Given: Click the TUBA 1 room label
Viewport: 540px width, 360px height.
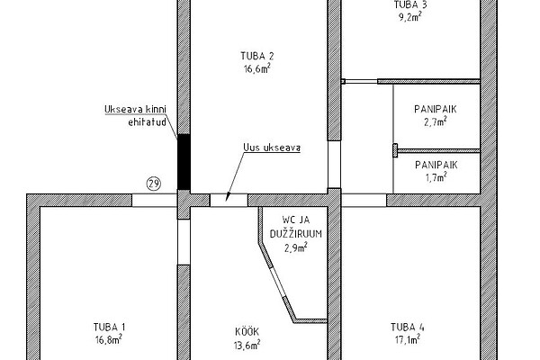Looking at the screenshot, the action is pyautogui.click(x=109, y=327).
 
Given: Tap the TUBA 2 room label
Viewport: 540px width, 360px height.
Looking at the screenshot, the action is pyautogui.click(x=257, y=56).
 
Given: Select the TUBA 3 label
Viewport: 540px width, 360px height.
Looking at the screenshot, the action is pyautogui.click(x=410, y=4).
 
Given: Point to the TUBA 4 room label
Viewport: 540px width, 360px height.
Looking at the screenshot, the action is pyautogui.click(x=408, y=327).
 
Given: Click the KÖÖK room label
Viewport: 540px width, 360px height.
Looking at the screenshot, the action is pyautogui.click(x=247, y=331).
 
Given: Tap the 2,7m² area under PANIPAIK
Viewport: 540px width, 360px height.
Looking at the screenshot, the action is pyautogui.click(x=436, y=121).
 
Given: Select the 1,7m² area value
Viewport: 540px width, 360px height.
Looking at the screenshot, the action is pyautogui.click(x=436, y=177).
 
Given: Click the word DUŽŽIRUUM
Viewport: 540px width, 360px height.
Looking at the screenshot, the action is pyautogui.click(x=296, y=234).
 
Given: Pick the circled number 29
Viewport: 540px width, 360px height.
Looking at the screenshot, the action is pyautogui.click(x=154, y=184).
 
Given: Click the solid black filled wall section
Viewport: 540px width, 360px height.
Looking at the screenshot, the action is pyautogui.click(x=184, y=162).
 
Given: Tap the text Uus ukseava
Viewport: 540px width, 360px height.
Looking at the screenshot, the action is pyautogui.click(x=272, y=148).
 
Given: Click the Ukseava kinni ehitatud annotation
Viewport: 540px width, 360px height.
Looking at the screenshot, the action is pyautogui.click(x=135, y=115).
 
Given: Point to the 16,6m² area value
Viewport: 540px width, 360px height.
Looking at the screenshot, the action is pyautogui.click(x=256, y=68).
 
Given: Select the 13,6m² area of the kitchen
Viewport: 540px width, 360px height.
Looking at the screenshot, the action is pyautogui.click(x=247, y=345).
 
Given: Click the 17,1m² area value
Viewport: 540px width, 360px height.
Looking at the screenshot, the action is pyautogui.click(x=408, y=339).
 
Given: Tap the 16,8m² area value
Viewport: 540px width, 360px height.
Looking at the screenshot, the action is pyautogui.click(x=109, y=339).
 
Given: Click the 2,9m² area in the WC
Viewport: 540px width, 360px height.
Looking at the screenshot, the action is pyautogui.click(x=296, y=247).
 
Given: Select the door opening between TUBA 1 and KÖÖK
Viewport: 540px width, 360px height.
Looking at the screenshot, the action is pyautogui.click(x=184, y=242).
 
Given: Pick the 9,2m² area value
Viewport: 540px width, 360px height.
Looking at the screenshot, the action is pyautogui.click(x=410, y=17).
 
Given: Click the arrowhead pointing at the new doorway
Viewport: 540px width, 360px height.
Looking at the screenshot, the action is pyautogui.click(x=227, y=197).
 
